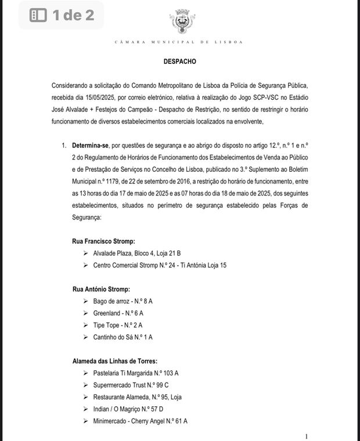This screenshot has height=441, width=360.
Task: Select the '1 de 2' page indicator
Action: click(x=62, y=15)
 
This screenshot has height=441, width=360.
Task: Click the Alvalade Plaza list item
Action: click(x=137, y=252)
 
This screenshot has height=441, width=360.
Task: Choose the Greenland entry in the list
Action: click(x=118, y=313)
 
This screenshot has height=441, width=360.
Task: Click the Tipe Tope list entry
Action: click(x=118, y=325)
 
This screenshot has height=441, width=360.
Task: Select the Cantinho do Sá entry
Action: click(x=123, y=337)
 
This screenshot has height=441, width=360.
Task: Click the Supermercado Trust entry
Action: click(x=131, y=385)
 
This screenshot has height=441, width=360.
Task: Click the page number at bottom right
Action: click(x=307, y=436)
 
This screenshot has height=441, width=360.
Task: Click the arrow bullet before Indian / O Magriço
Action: click(x=85, y=409)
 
